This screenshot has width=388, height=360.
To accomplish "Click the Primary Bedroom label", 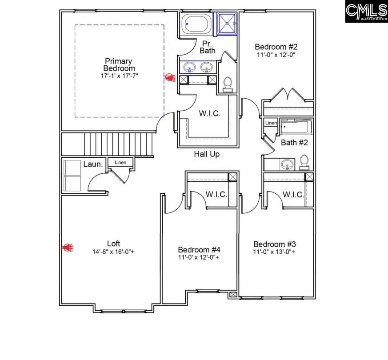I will click(x=119, y=64).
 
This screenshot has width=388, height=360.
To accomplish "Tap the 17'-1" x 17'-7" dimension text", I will click(x=119, y=76).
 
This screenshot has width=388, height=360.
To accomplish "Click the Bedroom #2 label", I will click(x=276, y=47).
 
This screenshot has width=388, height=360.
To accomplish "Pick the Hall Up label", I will click(x=207, y=154).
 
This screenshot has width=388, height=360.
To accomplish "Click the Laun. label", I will click(x=94, y=164).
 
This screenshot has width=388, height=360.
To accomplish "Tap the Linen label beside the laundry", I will click(x=120, y=163).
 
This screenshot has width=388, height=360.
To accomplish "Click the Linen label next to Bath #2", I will click(x=271, y=123).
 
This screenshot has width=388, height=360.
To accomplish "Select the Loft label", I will click(x=114, y=243).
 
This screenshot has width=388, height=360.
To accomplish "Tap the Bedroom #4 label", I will click(x=199, y=249).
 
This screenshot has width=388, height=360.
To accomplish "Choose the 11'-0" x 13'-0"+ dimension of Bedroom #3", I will click(x=274, y=252).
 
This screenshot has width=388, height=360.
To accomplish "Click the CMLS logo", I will click(x=366, y=12).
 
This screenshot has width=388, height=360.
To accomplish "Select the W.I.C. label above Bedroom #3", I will click(x=293, y=195).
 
